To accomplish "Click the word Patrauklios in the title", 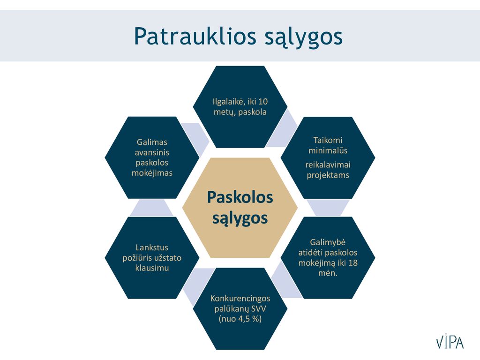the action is [195, 36].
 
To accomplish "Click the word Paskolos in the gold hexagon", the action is [240, 197].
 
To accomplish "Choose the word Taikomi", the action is [328, 140].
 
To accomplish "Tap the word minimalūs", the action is [328, 150].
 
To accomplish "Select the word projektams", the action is [328, 175].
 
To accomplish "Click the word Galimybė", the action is [328, 242].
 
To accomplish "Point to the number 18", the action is [353, 262].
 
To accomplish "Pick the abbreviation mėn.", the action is [328, 273].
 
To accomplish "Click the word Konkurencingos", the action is [240, 299].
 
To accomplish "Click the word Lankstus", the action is [152, 247].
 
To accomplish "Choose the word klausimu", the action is [152, 268].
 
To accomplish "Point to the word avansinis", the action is [152, 152].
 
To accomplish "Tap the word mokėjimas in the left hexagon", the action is [152, 173].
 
